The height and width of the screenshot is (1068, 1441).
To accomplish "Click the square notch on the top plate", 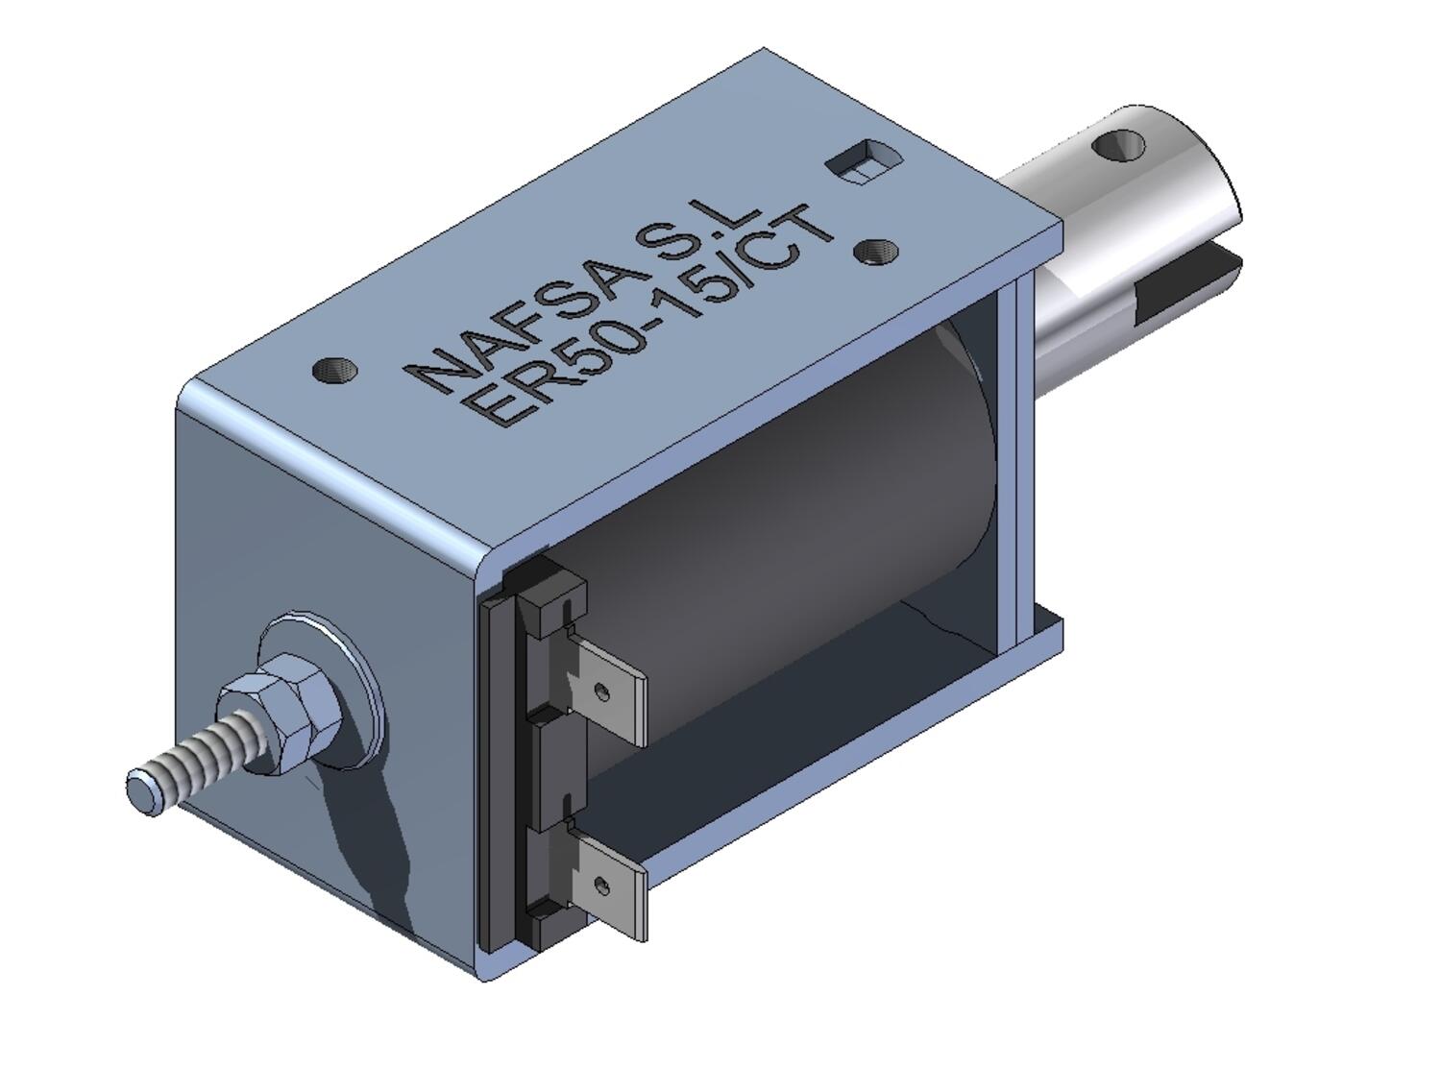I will pyautogui.click(x=863, y=158).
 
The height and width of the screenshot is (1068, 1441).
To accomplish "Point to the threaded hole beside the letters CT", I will pyautogui.click(x=876, y=252).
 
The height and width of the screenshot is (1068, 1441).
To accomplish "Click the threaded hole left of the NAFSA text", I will pyautogui.click(x=335, y=369).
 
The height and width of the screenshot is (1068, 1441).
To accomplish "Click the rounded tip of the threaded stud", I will pyautogui.click(x=145, y=791).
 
